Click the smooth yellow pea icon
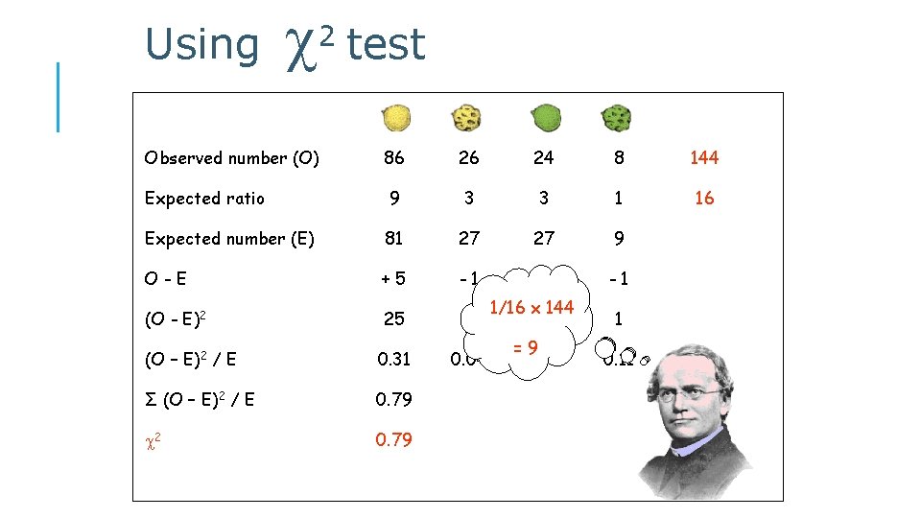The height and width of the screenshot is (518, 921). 395,118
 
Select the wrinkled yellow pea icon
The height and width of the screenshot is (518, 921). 466,118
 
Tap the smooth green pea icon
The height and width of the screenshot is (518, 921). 545,118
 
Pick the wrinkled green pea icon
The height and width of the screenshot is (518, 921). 615,119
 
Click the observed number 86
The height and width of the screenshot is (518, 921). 394,158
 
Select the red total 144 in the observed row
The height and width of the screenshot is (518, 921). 703,158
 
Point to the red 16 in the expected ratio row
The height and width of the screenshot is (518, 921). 703,199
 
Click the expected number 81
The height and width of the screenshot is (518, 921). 394,239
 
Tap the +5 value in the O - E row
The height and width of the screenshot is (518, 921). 393,279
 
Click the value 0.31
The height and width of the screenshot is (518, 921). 394,360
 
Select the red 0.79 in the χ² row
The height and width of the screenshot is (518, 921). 394,440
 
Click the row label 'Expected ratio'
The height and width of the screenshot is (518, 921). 204,199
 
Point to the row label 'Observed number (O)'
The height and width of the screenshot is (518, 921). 231,158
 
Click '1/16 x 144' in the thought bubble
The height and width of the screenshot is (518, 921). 531,307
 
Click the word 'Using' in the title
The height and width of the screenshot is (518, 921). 201,45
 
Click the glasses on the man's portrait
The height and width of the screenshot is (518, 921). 696,393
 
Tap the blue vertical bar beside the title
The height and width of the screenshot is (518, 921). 59,96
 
